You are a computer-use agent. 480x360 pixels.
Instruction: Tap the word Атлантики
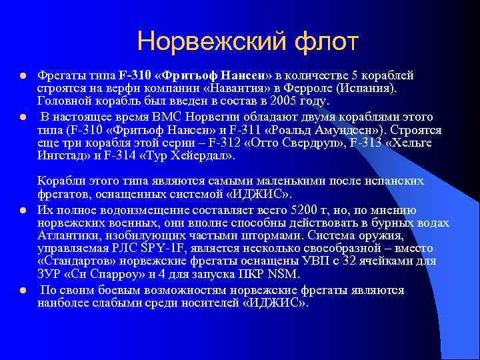(x=69, y=237)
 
